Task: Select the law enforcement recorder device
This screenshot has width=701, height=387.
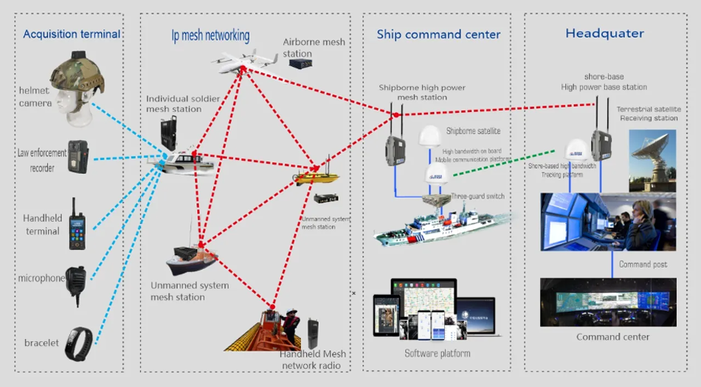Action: pos(78,157)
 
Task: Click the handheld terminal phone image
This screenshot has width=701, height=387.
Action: pos(76,221)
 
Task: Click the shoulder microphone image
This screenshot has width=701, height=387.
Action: pos(76,279)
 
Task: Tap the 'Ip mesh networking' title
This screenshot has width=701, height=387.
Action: pos(206,35)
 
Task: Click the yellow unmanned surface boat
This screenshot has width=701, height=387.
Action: pos(317,177)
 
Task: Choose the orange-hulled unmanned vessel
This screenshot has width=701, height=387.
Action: pos(191,259)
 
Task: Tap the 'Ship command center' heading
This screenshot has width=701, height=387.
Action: pos(438,35)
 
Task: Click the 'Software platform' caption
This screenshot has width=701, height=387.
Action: pos(437,354)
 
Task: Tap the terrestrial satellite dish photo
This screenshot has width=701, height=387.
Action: pos(652,160)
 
